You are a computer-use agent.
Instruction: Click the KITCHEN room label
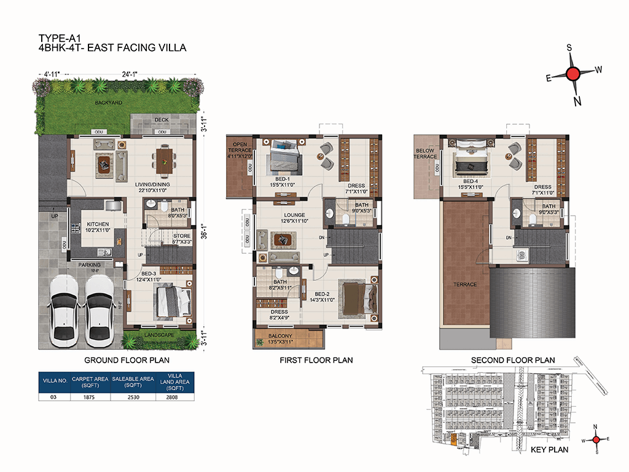[98, 224]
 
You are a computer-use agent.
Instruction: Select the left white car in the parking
[64, 307]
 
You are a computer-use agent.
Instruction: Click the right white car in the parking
[98, 307]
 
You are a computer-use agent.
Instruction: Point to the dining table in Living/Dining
[163, 161]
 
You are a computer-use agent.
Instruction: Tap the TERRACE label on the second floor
[465, 285]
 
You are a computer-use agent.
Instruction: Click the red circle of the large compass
[572, 74]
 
